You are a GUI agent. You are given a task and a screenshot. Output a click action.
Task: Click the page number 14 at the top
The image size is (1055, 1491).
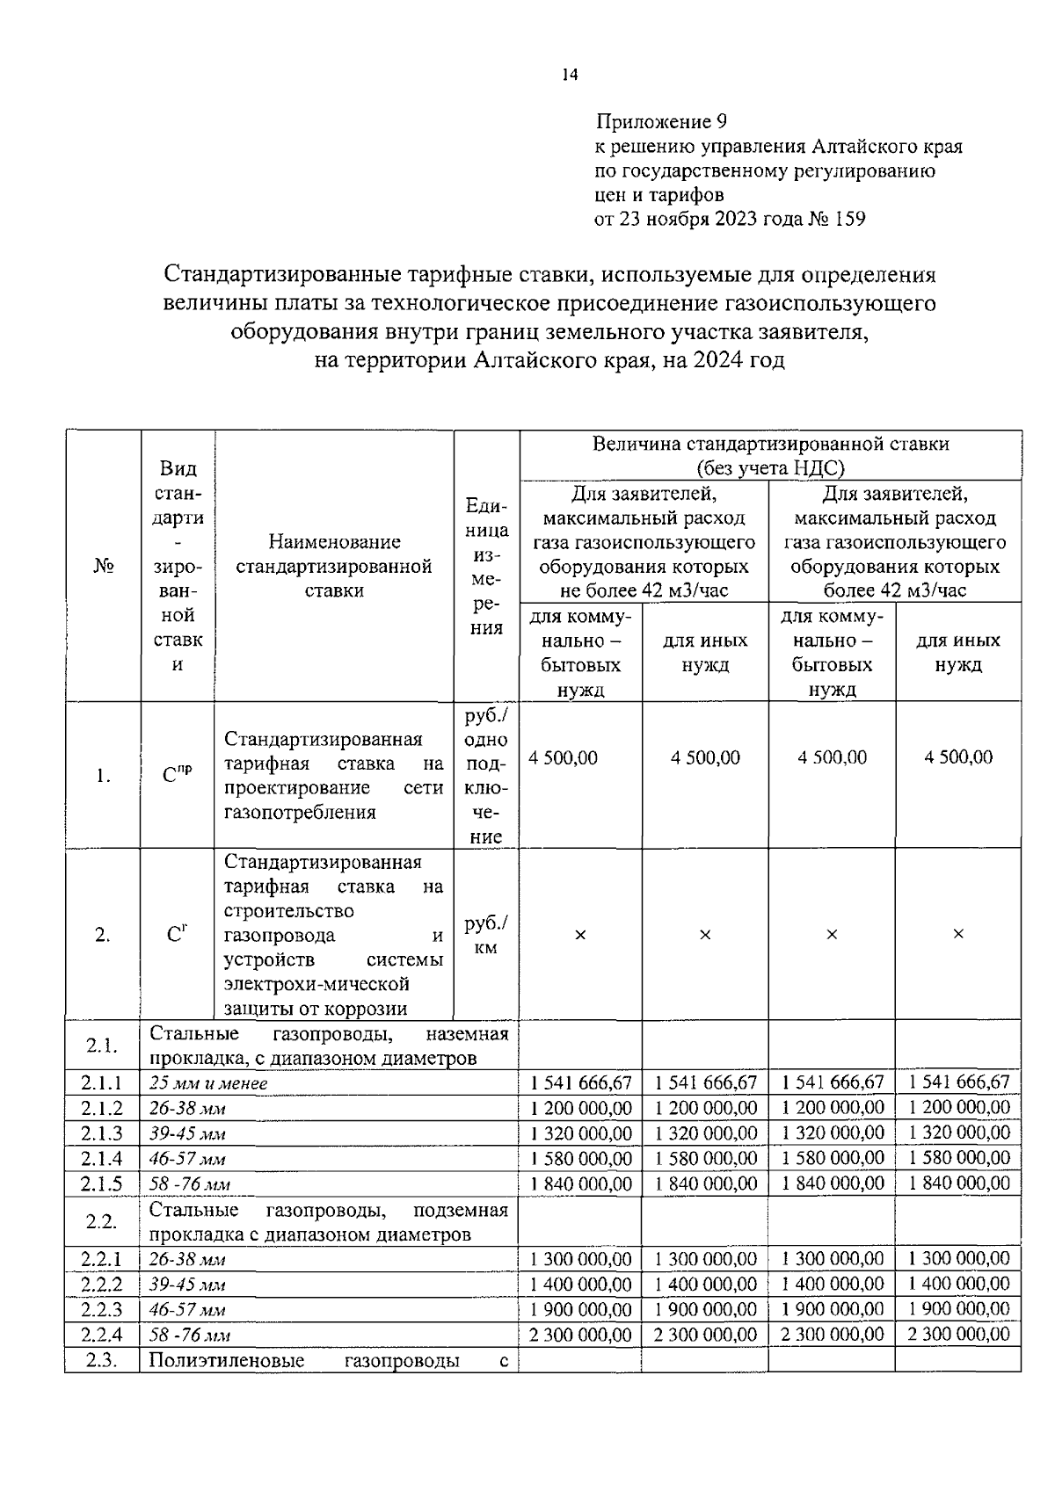pyautogui.click(x=570, y=76)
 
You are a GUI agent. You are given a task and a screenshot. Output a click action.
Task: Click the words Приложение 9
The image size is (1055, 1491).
pyautogui.click(x=662, y=121)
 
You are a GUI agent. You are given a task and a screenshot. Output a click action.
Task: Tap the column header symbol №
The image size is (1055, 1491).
pyautogui.click(x=103, y=566)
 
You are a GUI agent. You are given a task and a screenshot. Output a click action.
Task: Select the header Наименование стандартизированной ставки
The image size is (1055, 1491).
pyautogui.click(x=334, y=566)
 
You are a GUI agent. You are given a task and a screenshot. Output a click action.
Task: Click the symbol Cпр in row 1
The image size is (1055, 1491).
pyautogui.click(x=177, y=774)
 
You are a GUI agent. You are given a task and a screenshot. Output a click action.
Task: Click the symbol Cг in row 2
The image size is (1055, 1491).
pyautogui.click(x=177, y=935)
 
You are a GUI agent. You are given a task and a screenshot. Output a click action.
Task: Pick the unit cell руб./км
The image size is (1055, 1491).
pyautogui.click(x=486, y=935)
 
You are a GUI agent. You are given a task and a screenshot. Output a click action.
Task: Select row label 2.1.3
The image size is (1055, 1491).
pyautogui.click(x=102, y=1133)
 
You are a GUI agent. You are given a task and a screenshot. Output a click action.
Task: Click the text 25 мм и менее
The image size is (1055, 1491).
pyautogui.click(x=208, y=1083)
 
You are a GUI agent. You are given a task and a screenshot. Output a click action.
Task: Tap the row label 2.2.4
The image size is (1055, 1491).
pyautogui.click(x=102, y=1335)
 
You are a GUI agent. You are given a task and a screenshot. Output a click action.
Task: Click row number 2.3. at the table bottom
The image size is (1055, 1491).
pyautogui.click(x=102, y=1361)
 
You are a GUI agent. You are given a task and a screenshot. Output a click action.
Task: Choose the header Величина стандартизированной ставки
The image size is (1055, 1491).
pyautogui.click(x=770, y=444)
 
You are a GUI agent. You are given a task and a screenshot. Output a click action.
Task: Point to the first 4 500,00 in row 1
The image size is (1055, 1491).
pyautogui.click(x=563, y=757)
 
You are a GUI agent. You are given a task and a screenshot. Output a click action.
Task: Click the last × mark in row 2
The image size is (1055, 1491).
pyautogui.click(x=958, y=934)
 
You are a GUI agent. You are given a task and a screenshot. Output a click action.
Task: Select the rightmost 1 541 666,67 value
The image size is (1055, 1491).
pyautogui.click(x=959, y=1082)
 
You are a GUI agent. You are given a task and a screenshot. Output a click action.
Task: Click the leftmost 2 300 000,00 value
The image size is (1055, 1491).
pyautogui.click(x=581, y=1335)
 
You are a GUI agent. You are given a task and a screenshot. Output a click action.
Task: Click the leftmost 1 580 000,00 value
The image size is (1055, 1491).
pyautogui.click(x=581, y=1158)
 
